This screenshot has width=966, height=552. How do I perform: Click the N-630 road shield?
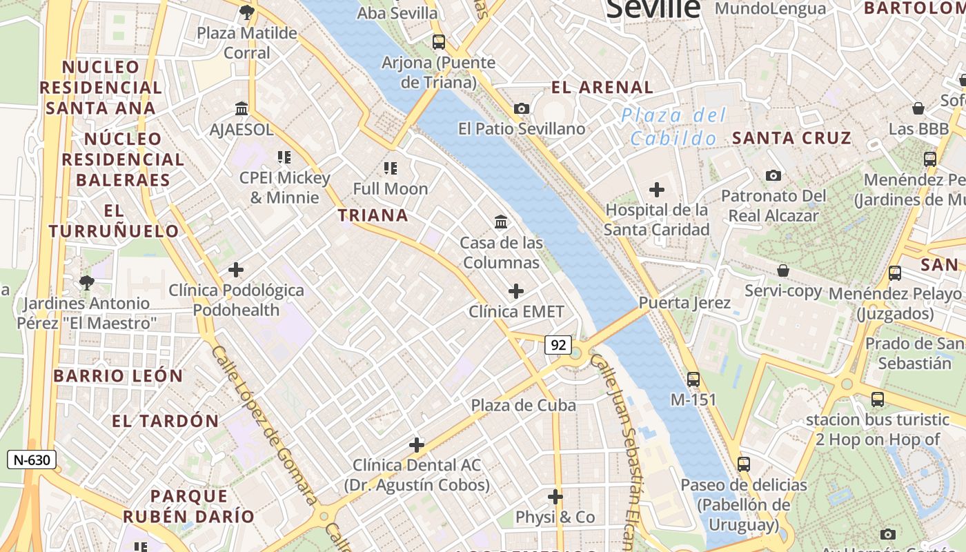(x=31, y=460)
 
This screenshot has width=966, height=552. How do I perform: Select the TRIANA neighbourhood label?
(x=373, y=215)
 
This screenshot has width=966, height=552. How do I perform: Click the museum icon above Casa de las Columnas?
(x=502, y=222)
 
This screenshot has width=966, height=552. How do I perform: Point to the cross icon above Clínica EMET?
(x=515, y=291)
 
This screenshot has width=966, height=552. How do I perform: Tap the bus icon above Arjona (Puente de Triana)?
(x=439, y=41)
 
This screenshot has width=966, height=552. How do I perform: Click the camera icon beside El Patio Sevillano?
(x=522, y=108)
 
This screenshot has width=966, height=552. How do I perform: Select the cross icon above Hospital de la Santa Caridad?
(x=657, y=189)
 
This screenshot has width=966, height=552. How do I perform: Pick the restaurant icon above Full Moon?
(x=391, y=168)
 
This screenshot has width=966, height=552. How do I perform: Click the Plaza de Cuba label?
(x=523, y=405)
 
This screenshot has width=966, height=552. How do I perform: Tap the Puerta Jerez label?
(x=684, y=303)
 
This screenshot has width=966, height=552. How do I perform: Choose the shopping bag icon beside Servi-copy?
(x=782, y=270)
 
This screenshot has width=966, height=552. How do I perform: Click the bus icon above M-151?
(x=693, y=379)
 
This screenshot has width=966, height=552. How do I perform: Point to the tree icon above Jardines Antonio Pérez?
(x=86, y=282)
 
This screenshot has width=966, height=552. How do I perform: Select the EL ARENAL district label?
(x=602, y=88)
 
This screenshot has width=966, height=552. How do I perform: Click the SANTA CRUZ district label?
(x=791, y=138)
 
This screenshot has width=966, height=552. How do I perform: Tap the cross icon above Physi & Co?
(x=555, y=497)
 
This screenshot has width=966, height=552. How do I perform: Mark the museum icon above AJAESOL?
(x=241, y=108)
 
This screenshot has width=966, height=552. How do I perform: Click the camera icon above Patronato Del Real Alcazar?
(x=773, y=175)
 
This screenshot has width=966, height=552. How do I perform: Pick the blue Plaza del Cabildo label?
(x=673, y=127)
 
